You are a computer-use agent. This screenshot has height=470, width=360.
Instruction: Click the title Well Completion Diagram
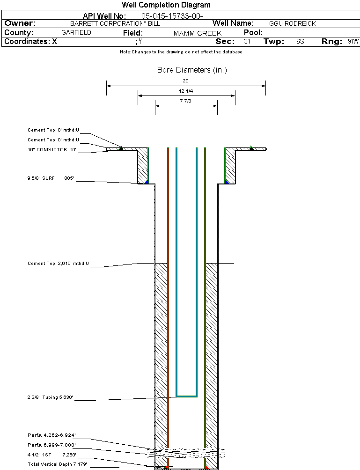pyautogui.click(x=166, y=5)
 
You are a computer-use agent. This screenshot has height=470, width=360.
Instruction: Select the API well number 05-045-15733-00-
pyautogui.click(x=172, y=16)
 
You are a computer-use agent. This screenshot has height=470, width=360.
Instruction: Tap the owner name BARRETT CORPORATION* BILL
pyautogui.click(x=115, y=23)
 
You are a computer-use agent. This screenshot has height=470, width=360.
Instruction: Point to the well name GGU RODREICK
pyautogui.click(x=293, y=23)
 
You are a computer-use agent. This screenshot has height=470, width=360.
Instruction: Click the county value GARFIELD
pyautogui.click(x=76, y=32)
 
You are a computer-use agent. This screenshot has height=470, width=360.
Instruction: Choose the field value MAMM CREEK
pyautogui.click(x=198, y=33)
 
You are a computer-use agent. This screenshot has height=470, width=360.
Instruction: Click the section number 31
pyautogui.click(x=247, y=41)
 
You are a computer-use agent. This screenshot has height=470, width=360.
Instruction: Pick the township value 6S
pyautogui.click(x=300, y=41)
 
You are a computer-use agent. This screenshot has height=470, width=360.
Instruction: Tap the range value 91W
pyautogui.click(x=353, y=41)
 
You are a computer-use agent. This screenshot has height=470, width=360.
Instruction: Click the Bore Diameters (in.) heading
pyautogui.click(x=192, y=70)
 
